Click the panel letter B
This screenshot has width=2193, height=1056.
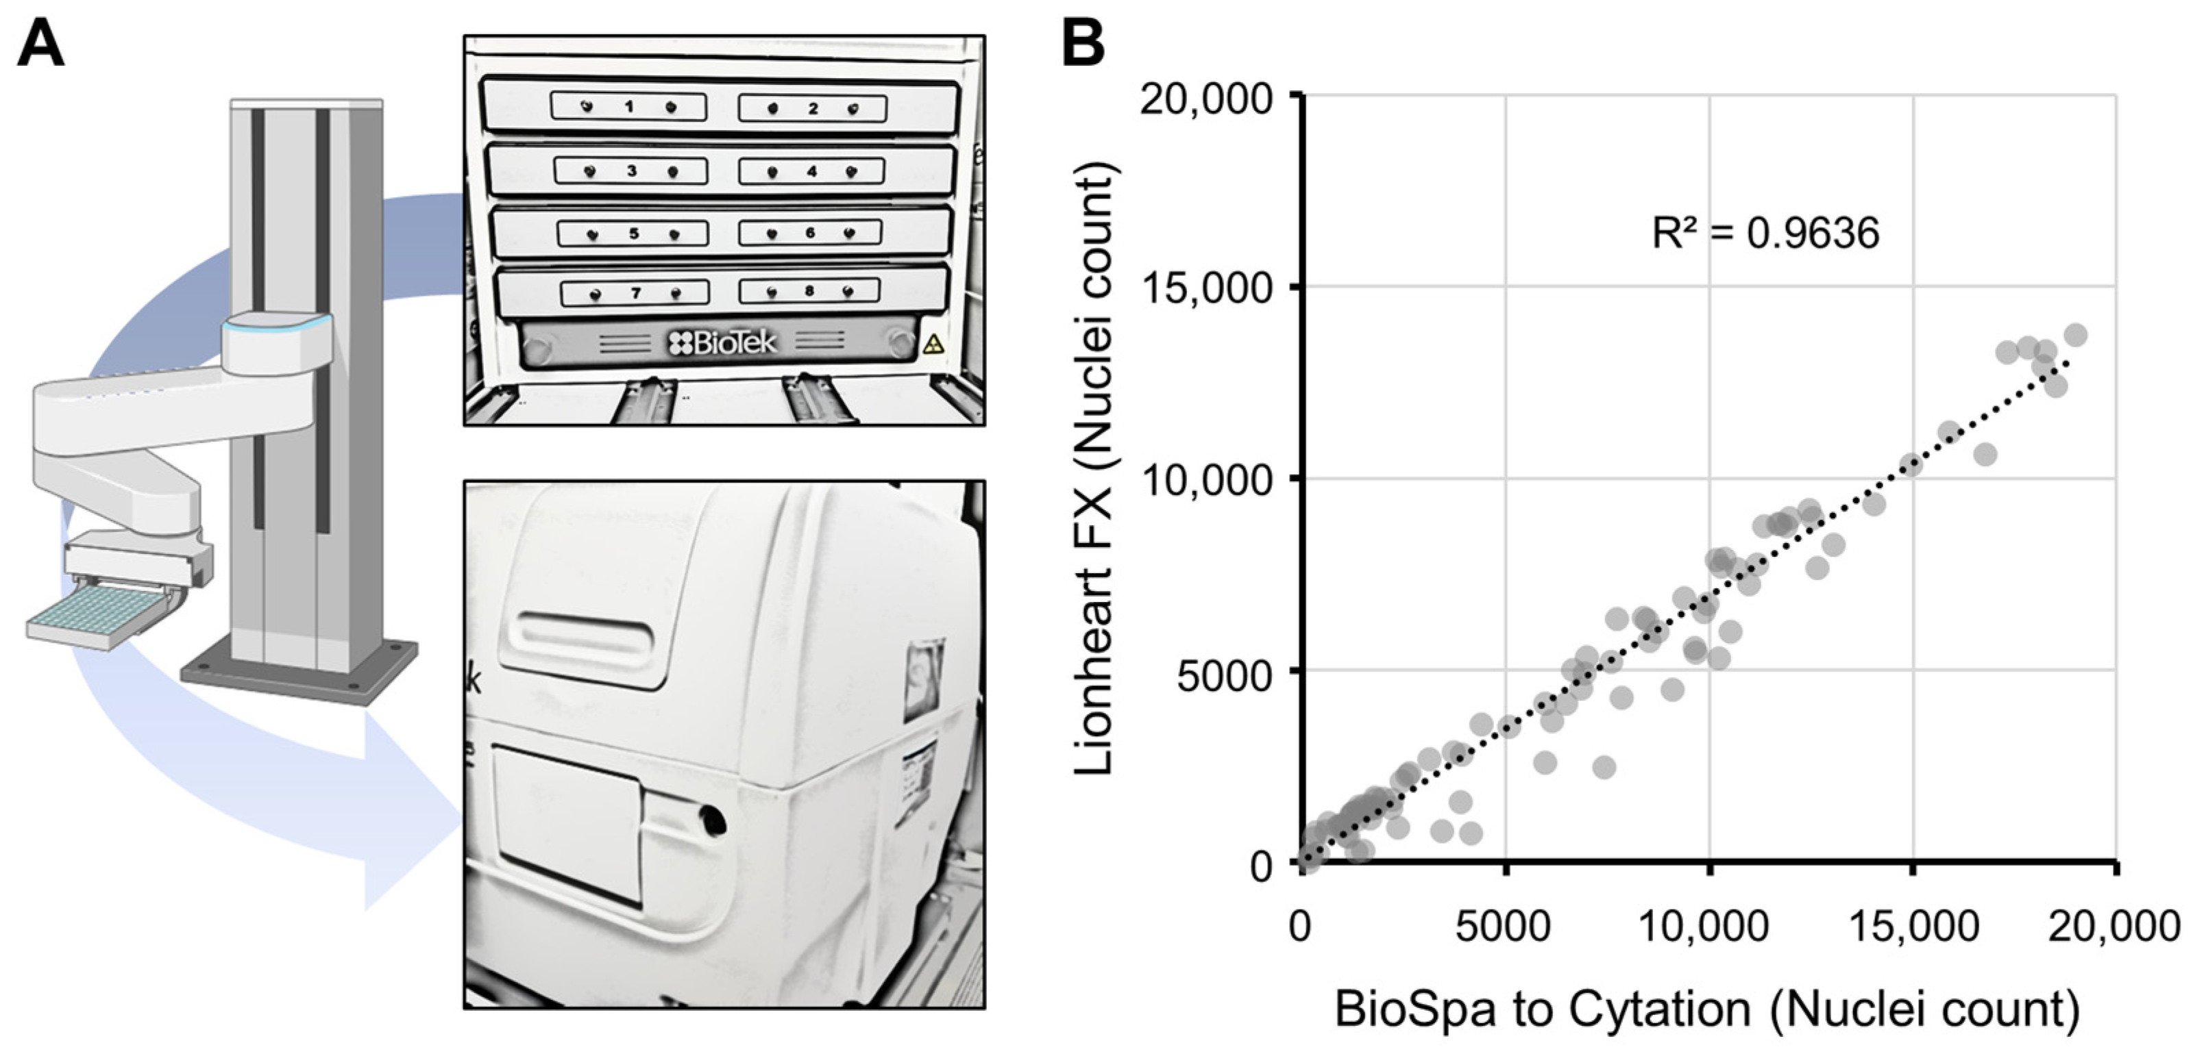[1083, 45]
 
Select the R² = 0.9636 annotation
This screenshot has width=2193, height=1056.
[1765, 233]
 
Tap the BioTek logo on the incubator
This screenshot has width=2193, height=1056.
[724, 343]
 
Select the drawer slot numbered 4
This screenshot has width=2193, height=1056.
[811, 171]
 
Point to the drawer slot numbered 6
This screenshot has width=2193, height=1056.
[809, 232]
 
